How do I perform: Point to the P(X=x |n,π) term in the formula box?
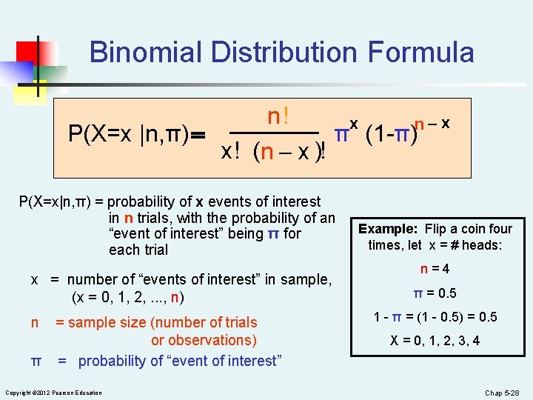(x=130, y=135)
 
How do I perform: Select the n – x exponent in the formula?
(x=433, y=123)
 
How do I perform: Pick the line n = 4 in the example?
(x=435, y=269)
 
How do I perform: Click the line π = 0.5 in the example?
(x=435, y=293)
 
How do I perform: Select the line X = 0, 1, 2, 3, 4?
(x=435, y=341)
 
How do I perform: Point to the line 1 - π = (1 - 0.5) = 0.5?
(x=435, y=317)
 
